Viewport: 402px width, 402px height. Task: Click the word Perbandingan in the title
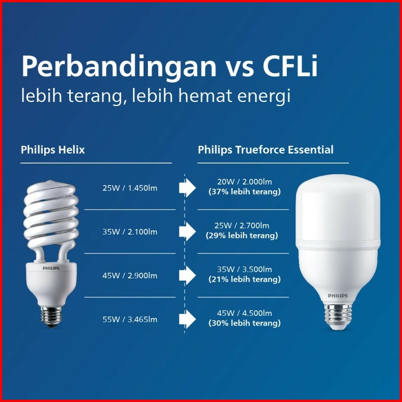coord(119,67)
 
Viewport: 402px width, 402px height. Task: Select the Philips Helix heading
coord(53,150)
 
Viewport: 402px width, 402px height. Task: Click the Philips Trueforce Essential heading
coord(265,150)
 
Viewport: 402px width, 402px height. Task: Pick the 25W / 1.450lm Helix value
coord(130,188)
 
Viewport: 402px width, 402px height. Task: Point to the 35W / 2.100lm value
coord(130,232)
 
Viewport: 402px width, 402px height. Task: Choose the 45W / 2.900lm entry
coord(130,276)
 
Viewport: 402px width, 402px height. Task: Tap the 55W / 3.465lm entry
coord(130,319)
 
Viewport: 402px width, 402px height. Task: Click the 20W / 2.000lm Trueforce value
coord(245,182)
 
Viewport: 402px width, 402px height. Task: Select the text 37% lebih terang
coord(245,192)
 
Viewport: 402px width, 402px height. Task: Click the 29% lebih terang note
coord(242,235)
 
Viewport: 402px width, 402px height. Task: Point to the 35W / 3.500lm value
coord(245,269)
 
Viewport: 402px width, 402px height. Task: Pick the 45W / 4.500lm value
coord(245,313)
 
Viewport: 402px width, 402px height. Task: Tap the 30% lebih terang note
coord(245,323)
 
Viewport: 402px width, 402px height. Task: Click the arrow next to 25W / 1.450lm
coord(187,188)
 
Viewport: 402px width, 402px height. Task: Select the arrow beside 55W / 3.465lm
coord(187,319)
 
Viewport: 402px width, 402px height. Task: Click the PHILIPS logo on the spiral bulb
coord(51,268)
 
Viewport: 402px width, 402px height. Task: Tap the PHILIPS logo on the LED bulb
coord(338,296)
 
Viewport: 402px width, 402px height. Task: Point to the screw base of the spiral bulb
coord(50,317)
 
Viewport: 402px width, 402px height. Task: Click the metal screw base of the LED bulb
coord(338,316)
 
